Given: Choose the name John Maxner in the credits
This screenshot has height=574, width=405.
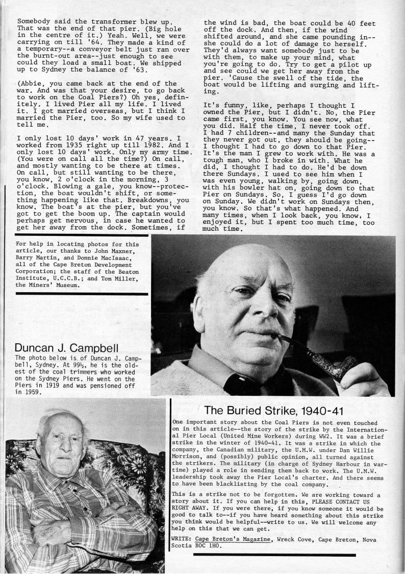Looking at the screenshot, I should (x=116, y=251).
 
